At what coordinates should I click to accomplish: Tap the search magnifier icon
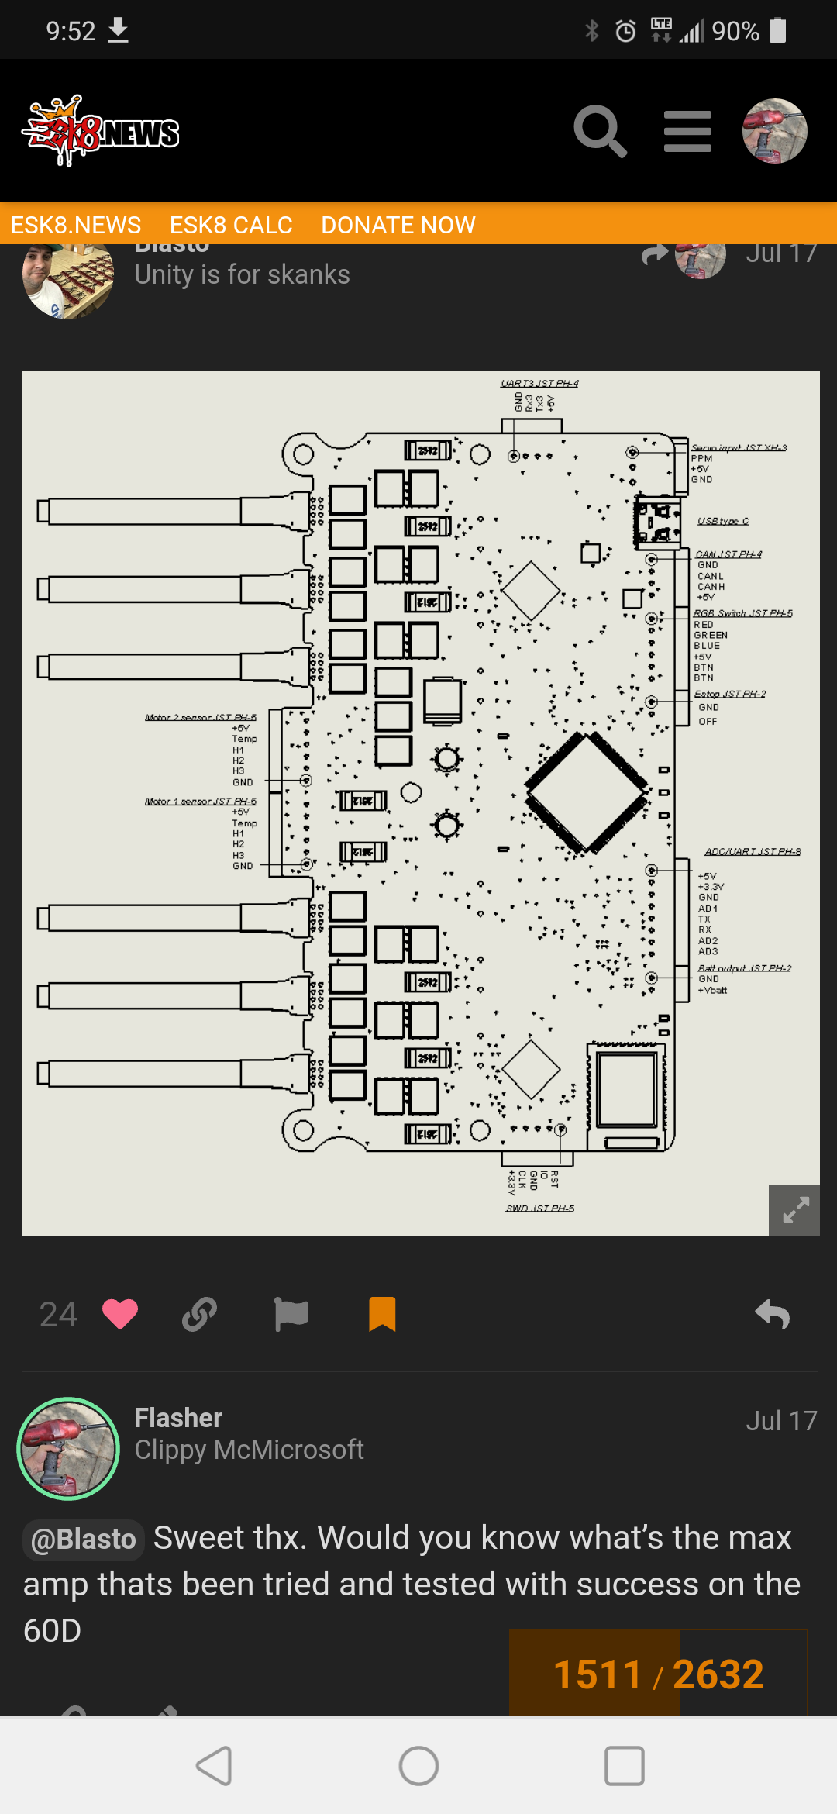pos(599,131)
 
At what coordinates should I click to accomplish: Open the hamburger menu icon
pos(687,131)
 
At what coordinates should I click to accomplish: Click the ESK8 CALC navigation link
pos(231,225)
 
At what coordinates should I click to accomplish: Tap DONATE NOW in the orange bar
pos(398,225)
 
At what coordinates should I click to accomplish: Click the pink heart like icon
pos(120,1314)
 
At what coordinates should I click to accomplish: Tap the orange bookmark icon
pos(382,1314)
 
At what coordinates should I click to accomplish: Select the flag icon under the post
pos(291,1314)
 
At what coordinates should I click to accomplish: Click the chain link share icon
pos(199,1314)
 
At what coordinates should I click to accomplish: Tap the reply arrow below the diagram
pos(773,1314)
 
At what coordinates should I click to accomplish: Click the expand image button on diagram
pos(794,1209)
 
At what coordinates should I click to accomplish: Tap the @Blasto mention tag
pos(84,1540)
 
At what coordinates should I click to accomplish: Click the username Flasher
pos(178,1418)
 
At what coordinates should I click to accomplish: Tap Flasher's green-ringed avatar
pos(68,1448)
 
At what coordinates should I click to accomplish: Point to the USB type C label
pos(723,521)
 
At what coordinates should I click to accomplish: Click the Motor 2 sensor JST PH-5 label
pos(200,717)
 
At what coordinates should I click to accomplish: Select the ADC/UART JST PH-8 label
pos(753,851)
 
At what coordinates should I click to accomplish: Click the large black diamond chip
pos(587,791)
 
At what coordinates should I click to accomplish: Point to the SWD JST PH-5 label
pos(539,1208)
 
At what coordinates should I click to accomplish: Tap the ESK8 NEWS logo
pos(101,131)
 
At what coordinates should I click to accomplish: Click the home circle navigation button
pos(418,1766)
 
